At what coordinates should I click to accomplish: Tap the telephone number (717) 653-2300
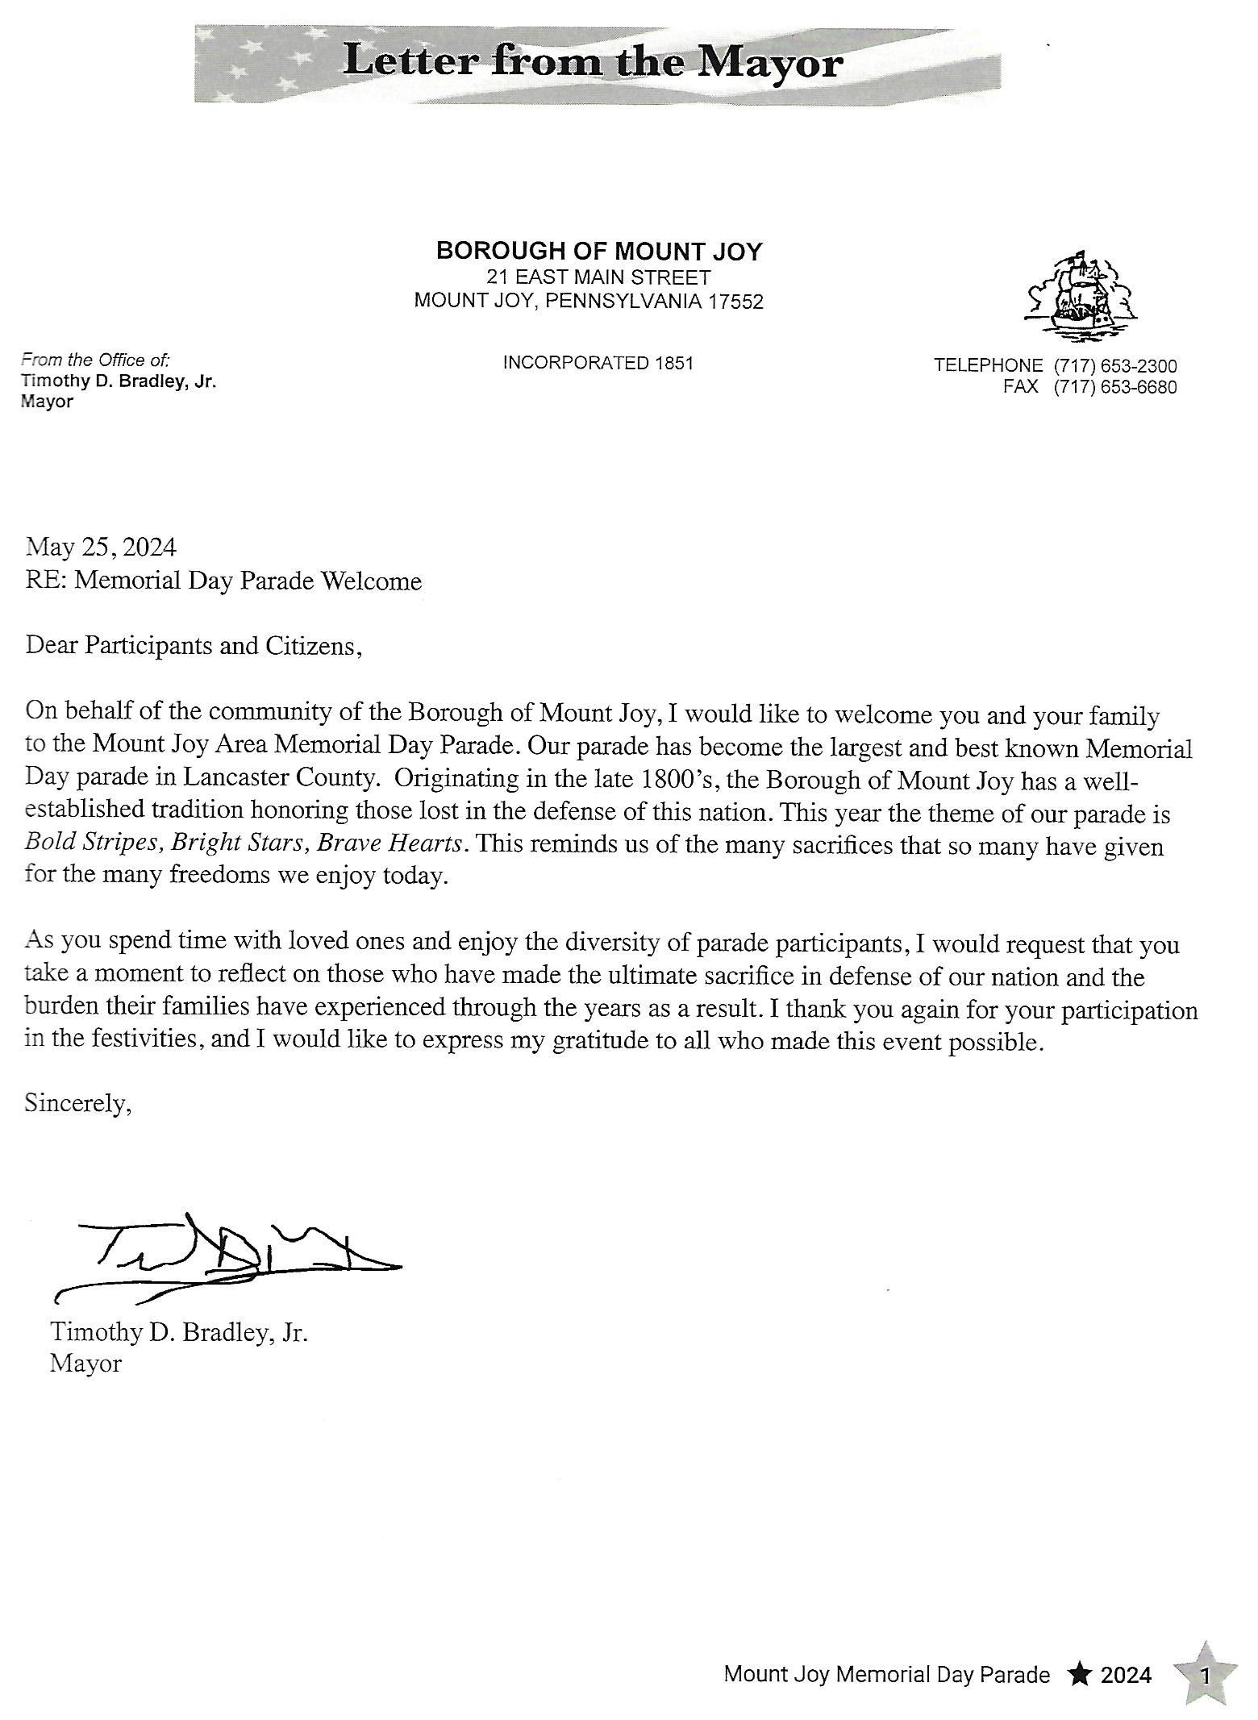coord(1114,365)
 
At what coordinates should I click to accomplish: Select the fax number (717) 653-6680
coord(1114,387)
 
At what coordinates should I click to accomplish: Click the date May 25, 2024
coord(101,548)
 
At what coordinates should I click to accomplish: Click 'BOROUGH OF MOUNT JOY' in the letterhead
coord(598,252)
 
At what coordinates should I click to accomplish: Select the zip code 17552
coord(735,302)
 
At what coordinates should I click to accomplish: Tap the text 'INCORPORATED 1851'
coord(598,363)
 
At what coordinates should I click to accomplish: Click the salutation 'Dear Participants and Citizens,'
coord(194,646)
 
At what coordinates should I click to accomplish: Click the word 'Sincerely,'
coord(77,1102)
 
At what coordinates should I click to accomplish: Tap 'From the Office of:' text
coord(95,360)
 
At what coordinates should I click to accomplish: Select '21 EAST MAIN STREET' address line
coord(598,277)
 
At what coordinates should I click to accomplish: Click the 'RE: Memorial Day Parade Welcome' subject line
coord(223,581)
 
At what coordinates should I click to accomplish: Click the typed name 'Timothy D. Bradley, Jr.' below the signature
coord(179,1332)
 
